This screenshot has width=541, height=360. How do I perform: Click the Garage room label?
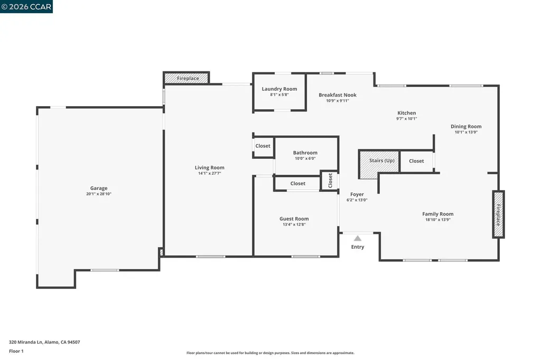click(x=99, y=188)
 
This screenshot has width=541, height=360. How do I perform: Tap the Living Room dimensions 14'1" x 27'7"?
click(x=210, y=173)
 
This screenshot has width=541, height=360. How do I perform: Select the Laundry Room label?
click(x=279, y=89)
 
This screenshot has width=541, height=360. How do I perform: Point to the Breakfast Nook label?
click(x=337, y=95)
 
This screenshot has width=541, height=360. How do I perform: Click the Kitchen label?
click(x=406, y=113)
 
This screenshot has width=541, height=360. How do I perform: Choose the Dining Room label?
click(x=466, y=126)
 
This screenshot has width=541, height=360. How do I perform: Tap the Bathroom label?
click(x=305, y=153)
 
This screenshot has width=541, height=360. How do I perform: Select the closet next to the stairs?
click(x=416, y=161)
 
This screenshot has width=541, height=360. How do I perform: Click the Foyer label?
click(x=357, y=194)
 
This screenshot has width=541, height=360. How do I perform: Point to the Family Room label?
click(x=437, y=214)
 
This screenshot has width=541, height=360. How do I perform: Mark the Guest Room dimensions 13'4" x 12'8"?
click(x=294, y=224)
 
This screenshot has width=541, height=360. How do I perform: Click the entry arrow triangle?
click(x=358, y=238)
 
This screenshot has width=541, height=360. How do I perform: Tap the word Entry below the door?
click(x=358, y=247)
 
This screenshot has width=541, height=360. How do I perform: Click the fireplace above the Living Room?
click(x=188, y=79)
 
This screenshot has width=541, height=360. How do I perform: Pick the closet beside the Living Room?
click(x=263, y=146)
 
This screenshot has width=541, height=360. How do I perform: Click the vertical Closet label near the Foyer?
click(x=330, y=181)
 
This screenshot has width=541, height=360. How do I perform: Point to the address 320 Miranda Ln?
click(x=44, y=342)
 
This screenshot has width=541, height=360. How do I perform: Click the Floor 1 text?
click(x=17, y=351)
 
